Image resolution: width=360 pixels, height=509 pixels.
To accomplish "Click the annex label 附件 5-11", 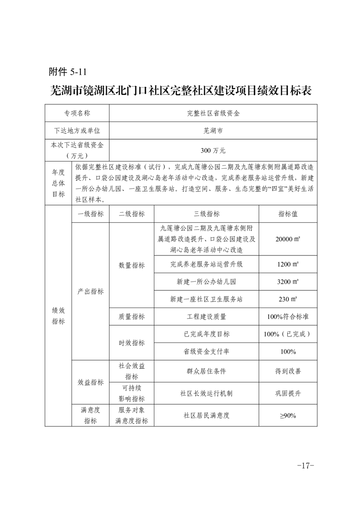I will (x=67, y=72).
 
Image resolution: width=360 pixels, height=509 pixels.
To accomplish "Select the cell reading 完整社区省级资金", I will (x=213, y=113).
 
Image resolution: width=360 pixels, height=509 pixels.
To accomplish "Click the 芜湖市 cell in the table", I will (x=213, y=131).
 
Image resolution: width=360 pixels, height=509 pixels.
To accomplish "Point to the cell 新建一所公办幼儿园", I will (x=207, y=282).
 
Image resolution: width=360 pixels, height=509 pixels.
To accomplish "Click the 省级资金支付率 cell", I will (x=207, y=352).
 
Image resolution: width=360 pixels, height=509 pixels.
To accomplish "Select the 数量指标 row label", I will (x=132, y=265).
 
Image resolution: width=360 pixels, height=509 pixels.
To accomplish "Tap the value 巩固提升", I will (x=288, y=393).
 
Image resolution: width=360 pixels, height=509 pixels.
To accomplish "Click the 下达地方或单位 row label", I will (x=77, y=131).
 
